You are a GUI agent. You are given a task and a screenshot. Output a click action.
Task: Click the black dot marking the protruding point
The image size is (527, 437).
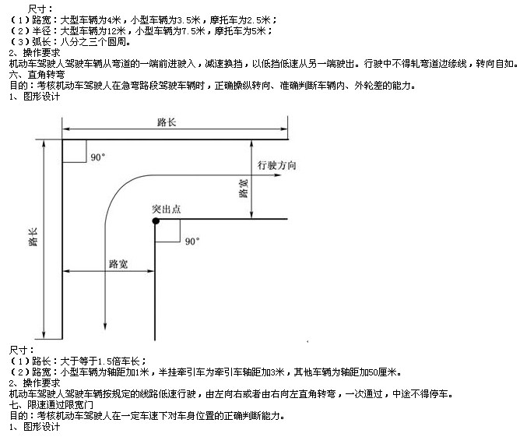(x=156, y=220)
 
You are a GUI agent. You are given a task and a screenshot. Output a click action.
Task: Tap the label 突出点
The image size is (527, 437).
(x=167, y=209)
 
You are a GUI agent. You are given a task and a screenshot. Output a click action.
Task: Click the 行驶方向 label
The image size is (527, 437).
(x=276, y=165)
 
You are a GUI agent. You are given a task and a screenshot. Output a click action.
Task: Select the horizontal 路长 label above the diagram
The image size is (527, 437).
(x=167, y=122)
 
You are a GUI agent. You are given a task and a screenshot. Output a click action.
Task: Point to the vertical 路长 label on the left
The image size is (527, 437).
(x=33, y=237)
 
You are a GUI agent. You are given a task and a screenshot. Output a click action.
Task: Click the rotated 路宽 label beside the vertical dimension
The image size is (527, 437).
(x=244, y=189)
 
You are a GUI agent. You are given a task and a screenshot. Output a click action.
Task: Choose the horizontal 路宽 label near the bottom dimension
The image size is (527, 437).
(x=118, y=264)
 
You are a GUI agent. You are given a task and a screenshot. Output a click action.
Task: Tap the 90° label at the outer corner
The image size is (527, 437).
(x=98, y=157)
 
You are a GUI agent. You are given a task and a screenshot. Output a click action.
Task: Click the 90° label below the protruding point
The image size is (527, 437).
(x=192, y=241)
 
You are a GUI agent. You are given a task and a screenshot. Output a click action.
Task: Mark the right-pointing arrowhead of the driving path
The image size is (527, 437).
(x=278, y=175)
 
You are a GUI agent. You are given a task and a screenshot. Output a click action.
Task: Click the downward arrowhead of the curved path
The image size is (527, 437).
(x=105, y=326)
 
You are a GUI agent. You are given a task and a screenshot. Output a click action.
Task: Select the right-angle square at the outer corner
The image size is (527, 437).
(x=74, y=151)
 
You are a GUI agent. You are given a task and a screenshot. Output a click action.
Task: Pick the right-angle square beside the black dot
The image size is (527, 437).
(x=167, y=231)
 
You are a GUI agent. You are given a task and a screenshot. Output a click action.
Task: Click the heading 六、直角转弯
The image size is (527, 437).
(x=37, y=74)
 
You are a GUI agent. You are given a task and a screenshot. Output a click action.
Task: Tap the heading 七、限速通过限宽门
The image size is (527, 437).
(x=51, y=405)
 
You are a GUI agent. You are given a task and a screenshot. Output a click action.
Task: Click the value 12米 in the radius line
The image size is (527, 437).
(x=116, y=31)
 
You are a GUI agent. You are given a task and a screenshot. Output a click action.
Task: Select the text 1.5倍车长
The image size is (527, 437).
(x=118, y=361)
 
